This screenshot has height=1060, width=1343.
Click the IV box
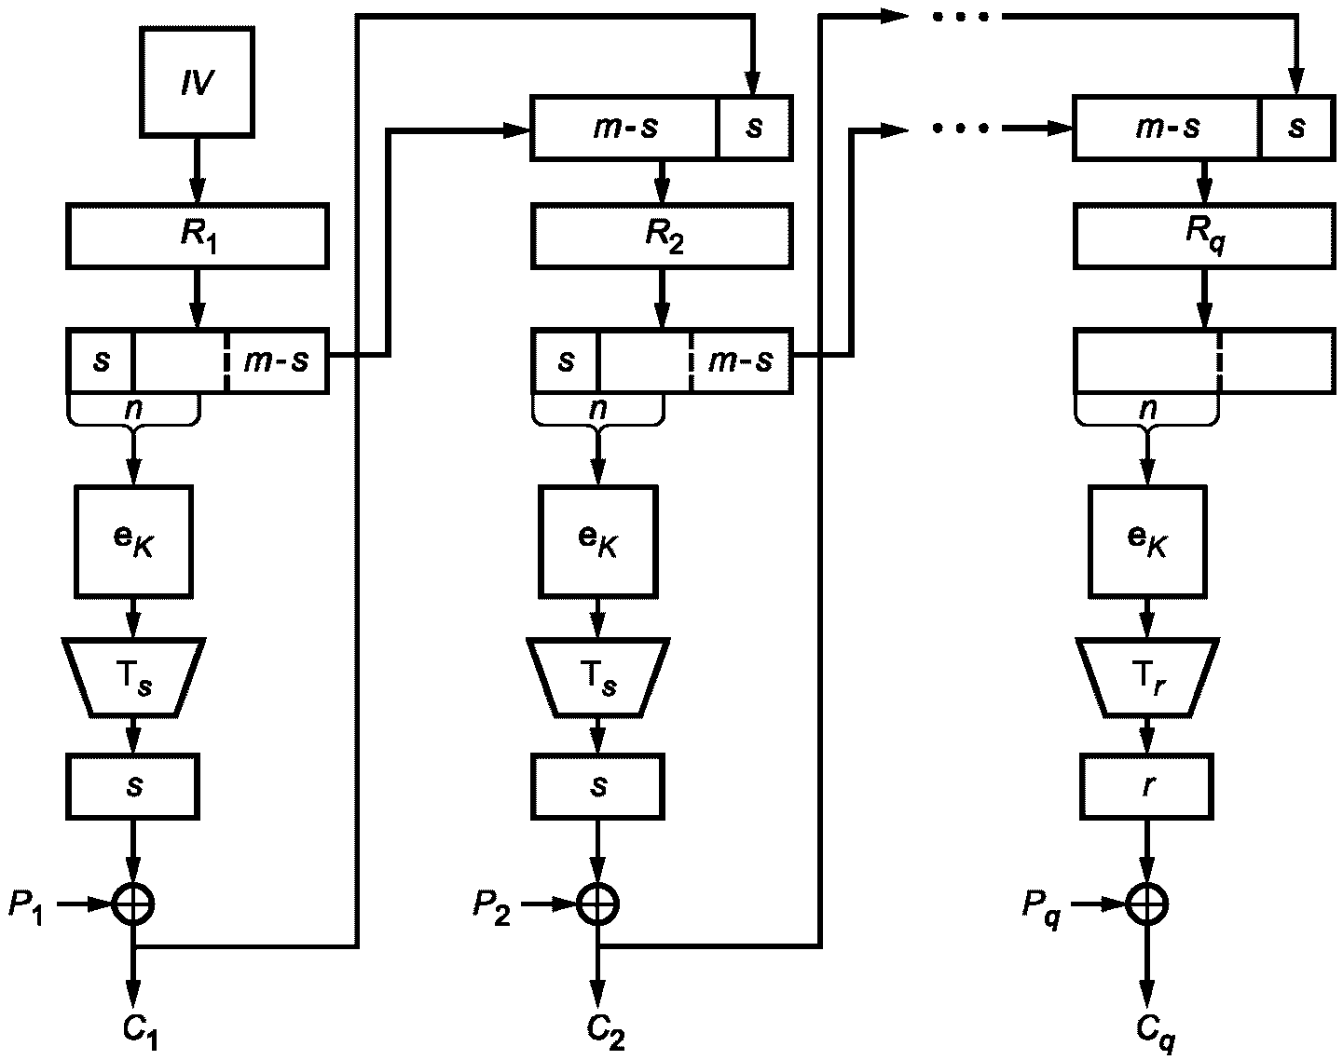pos(197,83)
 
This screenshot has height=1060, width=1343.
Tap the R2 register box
pos(661,238)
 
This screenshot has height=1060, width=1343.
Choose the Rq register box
pos(1203,238)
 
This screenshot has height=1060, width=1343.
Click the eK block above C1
pos(133,540)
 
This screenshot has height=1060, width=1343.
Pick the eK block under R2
pos(597,540)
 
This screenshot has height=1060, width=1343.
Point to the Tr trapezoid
pos(1146,677)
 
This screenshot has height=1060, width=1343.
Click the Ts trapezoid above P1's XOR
pos(133,677)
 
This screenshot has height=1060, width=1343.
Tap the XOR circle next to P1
pos(133,902)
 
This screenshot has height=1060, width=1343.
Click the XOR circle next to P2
pos(597,902)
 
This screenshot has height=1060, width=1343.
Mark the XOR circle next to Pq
pos(1146,902)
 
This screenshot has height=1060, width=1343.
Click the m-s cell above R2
pos(624,127)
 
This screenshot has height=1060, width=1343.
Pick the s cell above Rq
pos(1296,127)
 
